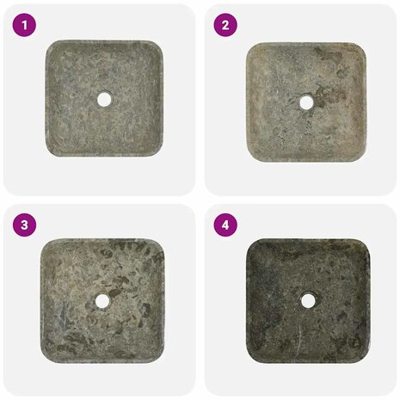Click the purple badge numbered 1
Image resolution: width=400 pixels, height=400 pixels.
pos(24,25)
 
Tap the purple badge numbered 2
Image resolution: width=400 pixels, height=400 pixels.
pos(225,25)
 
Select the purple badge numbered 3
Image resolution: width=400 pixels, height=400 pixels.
pos(24,225)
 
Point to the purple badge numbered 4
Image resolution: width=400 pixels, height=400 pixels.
pos(225,225)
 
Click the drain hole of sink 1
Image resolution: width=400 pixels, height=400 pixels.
pos(104,99)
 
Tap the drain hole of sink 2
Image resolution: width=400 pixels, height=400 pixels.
pos(306,102)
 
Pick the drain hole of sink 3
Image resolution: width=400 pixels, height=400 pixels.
pos(102,300)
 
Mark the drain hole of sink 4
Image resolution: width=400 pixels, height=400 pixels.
pos(308,300)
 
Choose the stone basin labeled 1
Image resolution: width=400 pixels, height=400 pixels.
pos(104,99)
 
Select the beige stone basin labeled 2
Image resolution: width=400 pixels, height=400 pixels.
pos(306,102)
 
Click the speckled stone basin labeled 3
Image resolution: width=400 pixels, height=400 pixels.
pos(102,301)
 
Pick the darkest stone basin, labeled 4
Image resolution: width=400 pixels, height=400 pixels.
pos(308,300)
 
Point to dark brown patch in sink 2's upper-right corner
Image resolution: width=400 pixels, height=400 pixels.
pos(329,55)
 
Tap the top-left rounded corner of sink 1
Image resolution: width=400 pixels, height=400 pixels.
pos(50,45)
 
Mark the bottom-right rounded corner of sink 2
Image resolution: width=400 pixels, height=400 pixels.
pos(360,156)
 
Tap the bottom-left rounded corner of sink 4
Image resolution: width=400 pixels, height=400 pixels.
pos(252,358)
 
